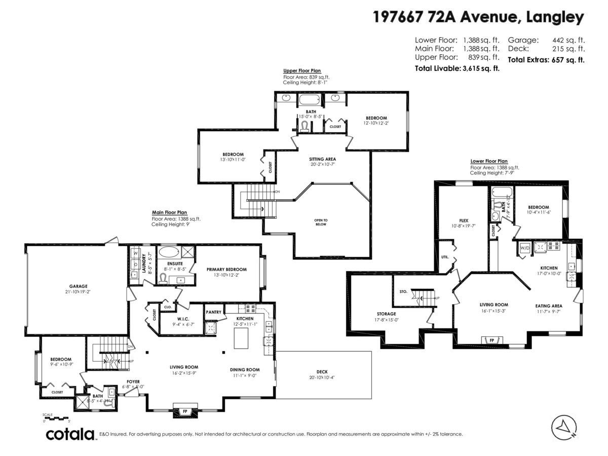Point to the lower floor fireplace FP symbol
tap(492, 340)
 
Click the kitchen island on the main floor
tap(241, 338)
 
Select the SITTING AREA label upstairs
tap(323, 159)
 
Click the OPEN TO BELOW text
tap(321, 222)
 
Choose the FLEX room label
tap(463, 221)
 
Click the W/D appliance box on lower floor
tap(524, 248)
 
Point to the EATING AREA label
tap(549, 306)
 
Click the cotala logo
tap(71, 434)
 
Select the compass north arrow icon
tap(564, 428)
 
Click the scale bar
tap(56, 419)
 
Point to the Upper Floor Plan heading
tap(301, 71)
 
